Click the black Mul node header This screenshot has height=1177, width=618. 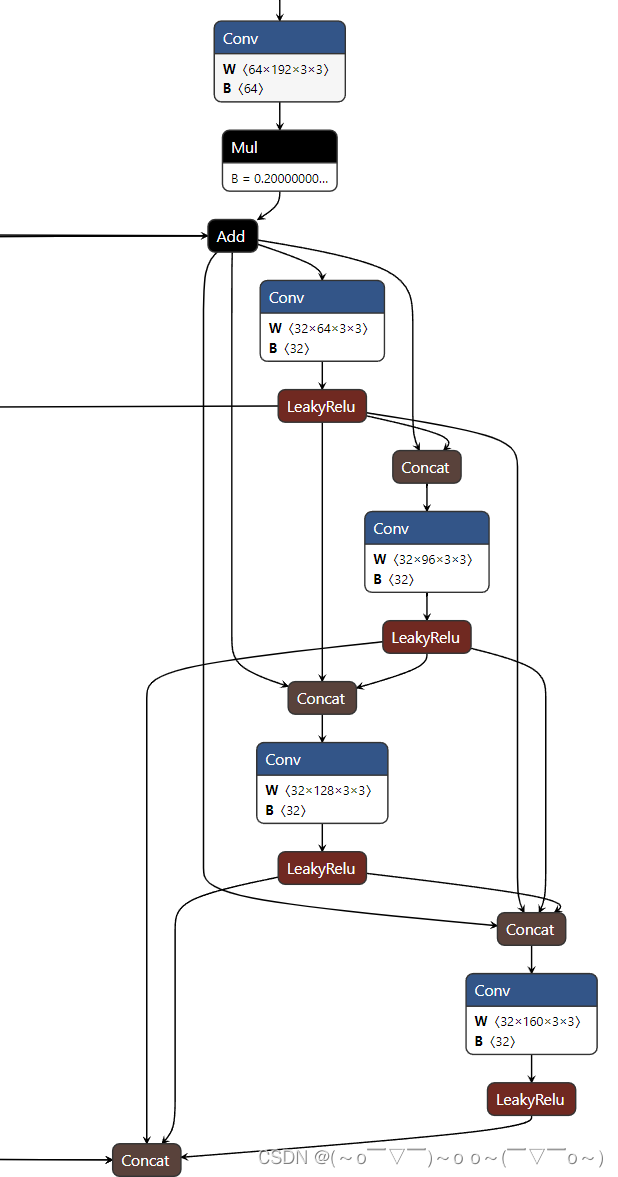click(x=279, y=147)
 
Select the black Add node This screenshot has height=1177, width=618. click(x=232, y=236)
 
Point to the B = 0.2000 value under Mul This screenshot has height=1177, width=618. click(x=279, y=178)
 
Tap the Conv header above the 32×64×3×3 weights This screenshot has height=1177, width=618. click(x=322, y=297)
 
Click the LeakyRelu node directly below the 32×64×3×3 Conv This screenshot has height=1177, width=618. click(x=322, y=406)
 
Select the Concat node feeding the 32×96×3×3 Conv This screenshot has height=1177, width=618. click(x=426, y=467)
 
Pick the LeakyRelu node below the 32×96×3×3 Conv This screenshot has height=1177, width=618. click(x=426, y=637)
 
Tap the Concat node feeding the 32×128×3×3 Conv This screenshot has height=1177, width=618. click(x=322, y=698)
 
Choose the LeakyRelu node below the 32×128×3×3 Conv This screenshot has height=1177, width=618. click(x=322, y=868)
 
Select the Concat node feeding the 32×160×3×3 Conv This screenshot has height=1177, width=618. click(x=531, y=929)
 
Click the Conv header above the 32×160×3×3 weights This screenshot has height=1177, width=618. click(x=531, y=990)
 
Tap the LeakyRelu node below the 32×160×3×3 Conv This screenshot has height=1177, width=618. click(x=531, y=1099)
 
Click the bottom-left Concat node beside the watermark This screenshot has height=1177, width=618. click(x=146, y=1160)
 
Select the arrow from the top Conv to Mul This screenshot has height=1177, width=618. click(x=279, y=115)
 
